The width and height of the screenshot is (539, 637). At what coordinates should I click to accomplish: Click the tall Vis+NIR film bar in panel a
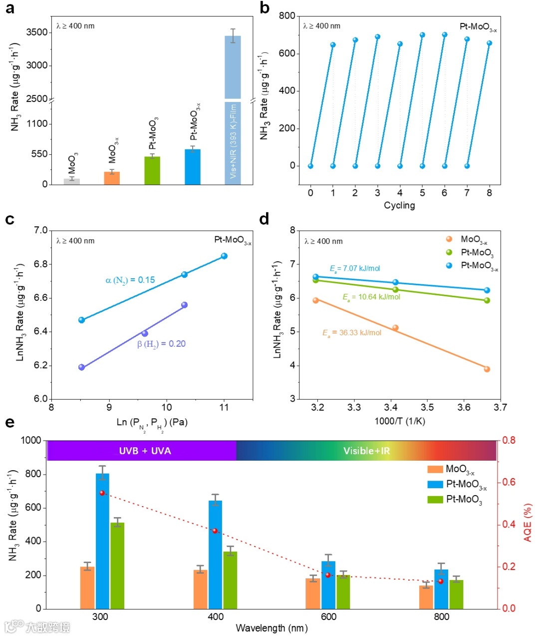click(233, 110)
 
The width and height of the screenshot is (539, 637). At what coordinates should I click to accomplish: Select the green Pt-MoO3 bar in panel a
click(152, 171)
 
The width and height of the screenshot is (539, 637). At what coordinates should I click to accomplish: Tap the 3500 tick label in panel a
click(37, 32)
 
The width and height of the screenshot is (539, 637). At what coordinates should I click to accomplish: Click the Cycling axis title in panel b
click(399, 205)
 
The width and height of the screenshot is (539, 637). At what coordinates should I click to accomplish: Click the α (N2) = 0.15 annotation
click(130, 280)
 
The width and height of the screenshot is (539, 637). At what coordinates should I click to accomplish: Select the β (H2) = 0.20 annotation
click(161, 344)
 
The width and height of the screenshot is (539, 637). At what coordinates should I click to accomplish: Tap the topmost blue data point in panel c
click(224, 256)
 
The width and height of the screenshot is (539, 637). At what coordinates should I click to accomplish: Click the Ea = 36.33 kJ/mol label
click(352, 333)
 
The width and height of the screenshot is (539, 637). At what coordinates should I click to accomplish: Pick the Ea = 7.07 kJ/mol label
click(355, 269)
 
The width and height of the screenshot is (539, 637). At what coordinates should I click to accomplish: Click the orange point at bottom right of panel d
click(487, 369)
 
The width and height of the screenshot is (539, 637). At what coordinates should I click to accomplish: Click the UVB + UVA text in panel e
click(145, 451)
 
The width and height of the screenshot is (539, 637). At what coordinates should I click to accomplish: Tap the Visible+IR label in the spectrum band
click(366, 451)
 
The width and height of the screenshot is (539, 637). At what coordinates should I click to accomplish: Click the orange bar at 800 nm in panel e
click(426, 597)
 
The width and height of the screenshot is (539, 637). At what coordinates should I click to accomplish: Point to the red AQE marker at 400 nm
click(215, 531)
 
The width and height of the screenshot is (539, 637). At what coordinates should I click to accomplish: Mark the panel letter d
click(264, 219)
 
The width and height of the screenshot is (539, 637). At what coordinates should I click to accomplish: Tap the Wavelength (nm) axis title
click(271, 628)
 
